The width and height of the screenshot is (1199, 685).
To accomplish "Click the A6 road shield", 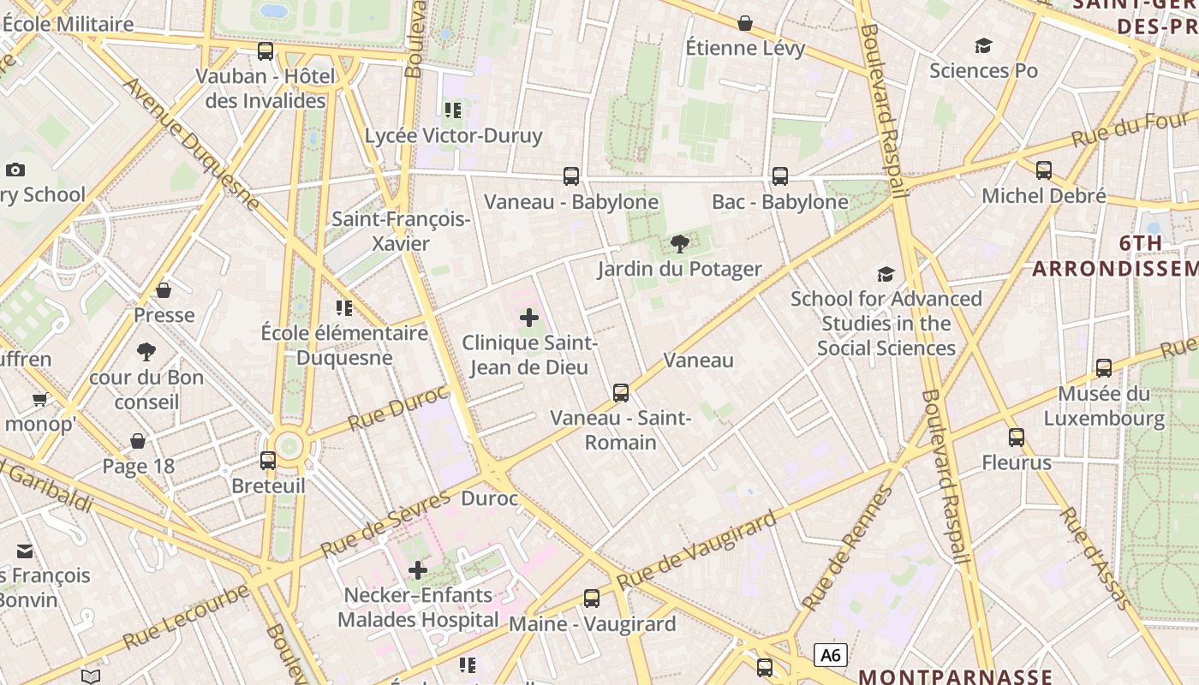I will (x=830, y=656).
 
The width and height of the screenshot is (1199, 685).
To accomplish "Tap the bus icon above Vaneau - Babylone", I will (x=571, y=176).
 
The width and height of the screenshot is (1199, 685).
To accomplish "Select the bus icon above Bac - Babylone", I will (x=780, y=176).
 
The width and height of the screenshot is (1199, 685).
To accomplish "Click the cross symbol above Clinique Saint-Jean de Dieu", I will (x=529, y=319).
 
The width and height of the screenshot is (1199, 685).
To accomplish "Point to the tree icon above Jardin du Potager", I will (x=680, y=244).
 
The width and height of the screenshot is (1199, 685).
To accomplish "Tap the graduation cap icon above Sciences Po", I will (x=983, y=45).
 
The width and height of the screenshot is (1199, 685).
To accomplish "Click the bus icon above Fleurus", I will (x=1017, y=438).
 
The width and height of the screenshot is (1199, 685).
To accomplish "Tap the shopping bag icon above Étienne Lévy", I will (x=745, y=23).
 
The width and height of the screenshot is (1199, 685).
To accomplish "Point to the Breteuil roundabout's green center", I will (x=289, y=445).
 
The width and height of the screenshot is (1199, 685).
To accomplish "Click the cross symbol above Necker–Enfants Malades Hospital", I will (x=418, y=570).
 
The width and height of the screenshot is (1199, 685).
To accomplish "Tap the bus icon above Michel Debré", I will (x=1044, y=170).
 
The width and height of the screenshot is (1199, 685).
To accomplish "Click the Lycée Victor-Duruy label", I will (x=453, y=135).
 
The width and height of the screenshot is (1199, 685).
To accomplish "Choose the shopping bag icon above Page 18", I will (x=138, y=441).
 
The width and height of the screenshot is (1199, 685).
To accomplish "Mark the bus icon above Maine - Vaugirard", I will (x=592, y=599).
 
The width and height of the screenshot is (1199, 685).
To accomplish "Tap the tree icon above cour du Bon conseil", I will (x=146, y=352).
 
